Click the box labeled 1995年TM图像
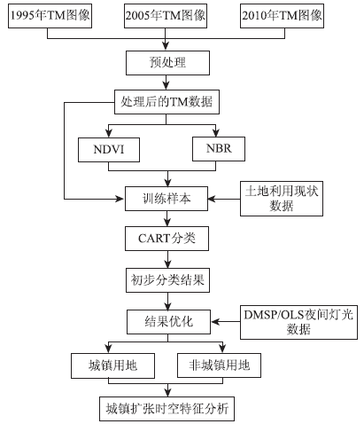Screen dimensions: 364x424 tap(50, 16)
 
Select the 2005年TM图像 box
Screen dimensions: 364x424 tap(166, 16)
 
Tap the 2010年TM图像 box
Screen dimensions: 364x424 tap(282, 16)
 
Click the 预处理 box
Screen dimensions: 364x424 tap(167, 63)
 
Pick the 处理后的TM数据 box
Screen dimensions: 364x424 tap(167, 102)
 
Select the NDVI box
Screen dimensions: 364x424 tap(109, 150)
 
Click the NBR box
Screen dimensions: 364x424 tap(219, 149)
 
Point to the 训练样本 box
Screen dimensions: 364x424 tap(167, 199)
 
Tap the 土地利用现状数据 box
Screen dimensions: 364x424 tap(282, 199)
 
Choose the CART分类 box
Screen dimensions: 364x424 tap(167, 239)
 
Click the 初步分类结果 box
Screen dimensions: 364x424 tap(167, 280)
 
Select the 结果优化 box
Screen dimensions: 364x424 tap(168, 322)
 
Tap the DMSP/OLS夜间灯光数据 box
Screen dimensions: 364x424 tap(298, 322)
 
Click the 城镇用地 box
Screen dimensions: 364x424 tap(112, 365)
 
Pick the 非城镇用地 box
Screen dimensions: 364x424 tap(219, 365)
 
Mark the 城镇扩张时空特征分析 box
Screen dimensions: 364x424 tap(167, 409)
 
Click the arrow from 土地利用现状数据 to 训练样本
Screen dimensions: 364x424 tap(224, 199)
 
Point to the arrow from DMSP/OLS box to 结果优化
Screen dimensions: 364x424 tap(226, 322)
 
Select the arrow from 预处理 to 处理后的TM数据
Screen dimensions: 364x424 tap(167, 82)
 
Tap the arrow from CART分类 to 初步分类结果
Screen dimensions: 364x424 tap(167, 259)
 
